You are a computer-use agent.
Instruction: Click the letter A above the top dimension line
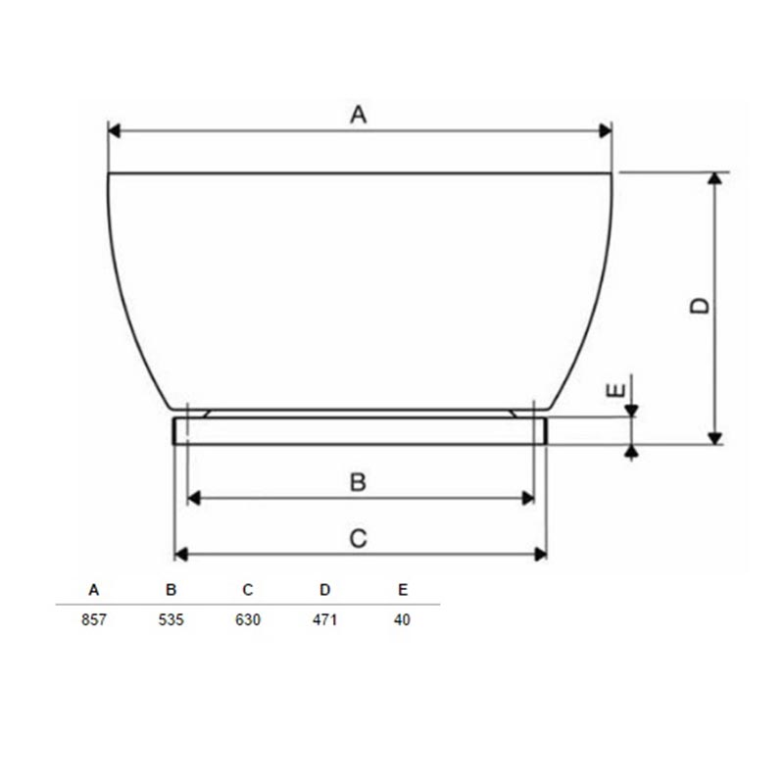[358, 115]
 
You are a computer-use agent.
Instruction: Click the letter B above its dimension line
[358, 482]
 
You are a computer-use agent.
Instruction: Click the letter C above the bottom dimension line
[358, 539]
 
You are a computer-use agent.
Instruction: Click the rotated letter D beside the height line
[700, 306]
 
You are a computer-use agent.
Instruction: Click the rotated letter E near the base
[615, 390]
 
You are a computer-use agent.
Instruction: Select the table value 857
[94, 620]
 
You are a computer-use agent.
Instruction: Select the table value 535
[171, 620]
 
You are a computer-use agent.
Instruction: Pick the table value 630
[248, 620]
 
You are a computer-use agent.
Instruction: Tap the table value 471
[325, 620]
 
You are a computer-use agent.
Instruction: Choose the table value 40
[402, 620]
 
